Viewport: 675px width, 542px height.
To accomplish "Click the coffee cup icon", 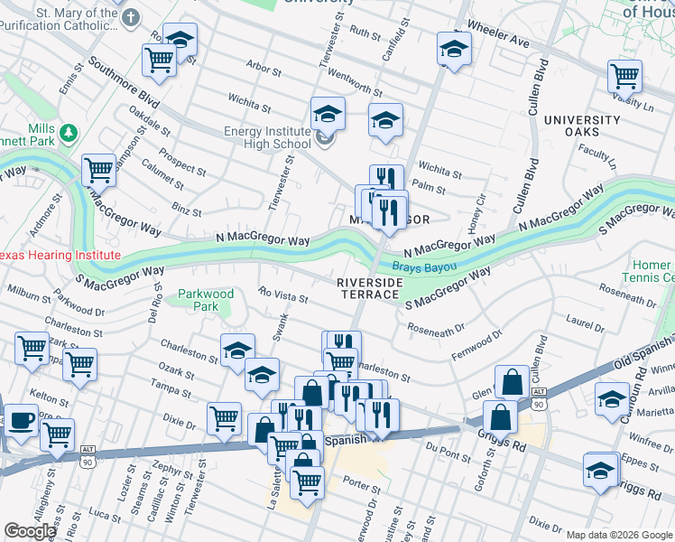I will (x=22, y=420).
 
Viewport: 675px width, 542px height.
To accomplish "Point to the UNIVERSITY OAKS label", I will (x=581, y=126).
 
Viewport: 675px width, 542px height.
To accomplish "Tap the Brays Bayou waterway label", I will (x=423, y=267).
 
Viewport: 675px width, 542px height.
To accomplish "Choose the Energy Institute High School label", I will (x=267, y=137).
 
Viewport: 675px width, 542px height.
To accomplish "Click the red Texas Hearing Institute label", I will (x=60, y=256).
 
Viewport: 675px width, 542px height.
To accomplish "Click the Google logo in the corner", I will (x=30, y=531).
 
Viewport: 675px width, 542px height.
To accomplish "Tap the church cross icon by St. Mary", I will (x=132, y=17).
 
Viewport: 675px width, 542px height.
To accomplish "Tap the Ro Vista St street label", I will (x=283, y=295).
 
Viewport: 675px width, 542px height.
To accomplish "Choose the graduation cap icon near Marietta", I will (x=612, y=397).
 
